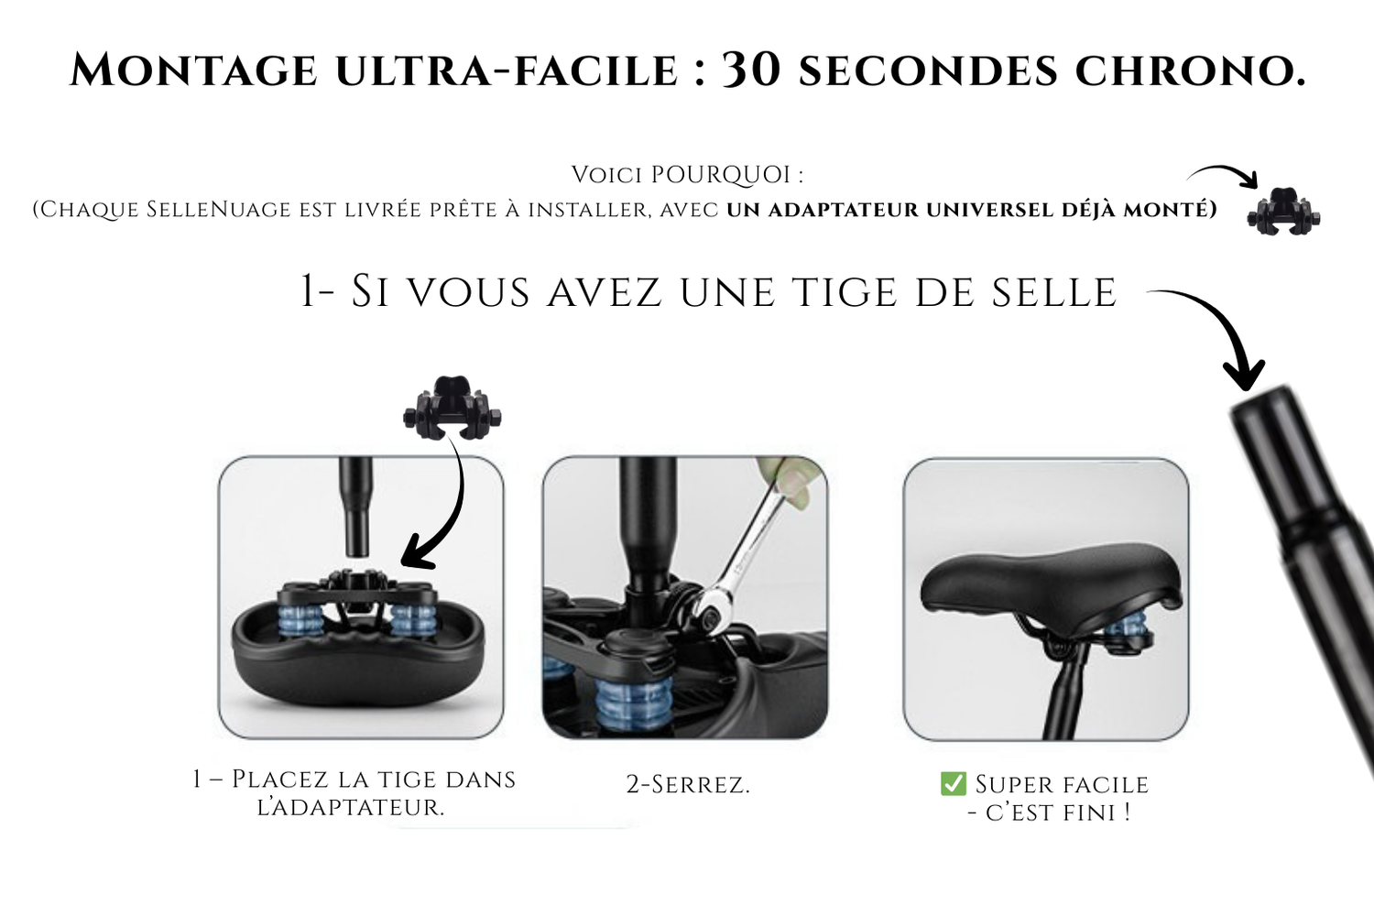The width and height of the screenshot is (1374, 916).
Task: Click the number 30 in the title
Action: coord(751,70)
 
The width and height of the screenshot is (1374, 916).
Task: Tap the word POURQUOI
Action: coord(720,175)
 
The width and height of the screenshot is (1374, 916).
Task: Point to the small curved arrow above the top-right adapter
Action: coord(1225,175)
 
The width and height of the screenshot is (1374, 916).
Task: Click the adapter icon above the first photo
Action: coord(453,408)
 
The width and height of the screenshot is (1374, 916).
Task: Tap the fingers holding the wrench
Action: coord(787,482)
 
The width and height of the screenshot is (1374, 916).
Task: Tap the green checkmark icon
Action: coord(954,783)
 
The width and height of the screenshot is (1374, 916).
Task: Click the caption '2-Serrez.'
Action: coord(688,784)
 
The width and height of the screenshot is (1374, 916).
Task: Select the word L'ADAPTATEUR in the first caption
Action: coord(351,808)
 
